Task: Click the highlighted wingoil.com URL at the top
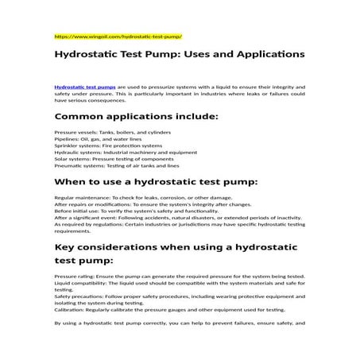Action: (118, 37)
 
